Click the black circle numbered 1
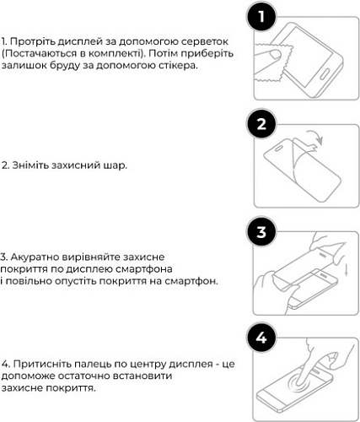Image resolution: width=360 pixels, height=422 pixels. [x=261, y=16]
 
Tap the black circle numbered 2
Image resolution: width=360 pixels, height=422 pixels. [x=261, y=124]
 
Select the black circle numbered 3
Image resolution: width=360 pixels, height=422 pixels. [x=261, y=231]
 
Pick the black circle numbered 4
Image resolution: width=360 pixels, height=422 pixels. [x=261, y=338]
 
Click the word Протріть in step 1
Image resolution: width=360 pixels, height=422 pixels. [x=32, y=41]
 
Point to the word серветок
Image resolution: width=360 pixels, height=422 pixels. [x=205, y=41]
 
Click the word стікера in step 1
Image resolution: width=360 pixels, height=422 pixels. [x=177, y=65]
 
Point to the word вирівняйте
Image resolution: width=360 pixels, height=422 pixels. [x=90, y=257]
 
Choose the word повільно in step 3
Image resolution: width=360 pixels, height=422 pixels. [x=29, y=281]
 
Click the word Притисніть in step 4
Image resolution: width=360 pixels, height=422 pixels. [x=42, y=365]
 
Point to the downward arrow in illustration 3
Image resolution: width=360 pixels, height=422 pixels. [x=347, y=269]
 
